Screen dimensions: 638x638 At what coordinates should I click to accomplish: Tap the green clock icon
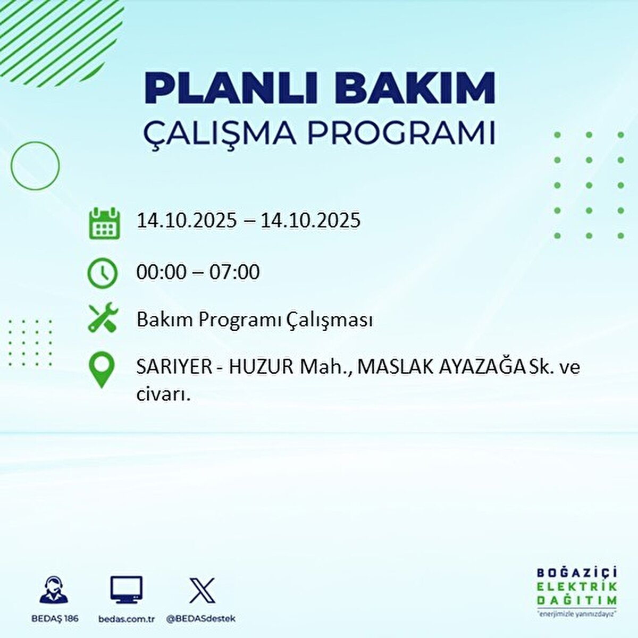(103, 273)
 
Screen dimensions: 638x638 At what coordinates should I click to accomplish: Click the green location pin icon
(102, 370)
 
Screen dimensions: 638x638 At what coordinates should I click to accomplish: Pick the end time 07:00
(234, 272)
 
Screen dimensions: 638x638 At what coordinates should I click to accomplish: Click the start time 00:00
(162, 272)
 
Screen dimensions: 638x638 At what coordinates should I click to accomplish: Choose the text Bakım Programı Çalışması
(254, 320)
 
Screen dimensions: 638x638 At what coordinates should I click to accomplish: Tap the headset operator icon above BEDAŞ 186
(54, 590)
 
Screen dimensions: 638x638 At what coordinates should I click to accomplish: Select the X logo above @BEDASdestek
(203, 590)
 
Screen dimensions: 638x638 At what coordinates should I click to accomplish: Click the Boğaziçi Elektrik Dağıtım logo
(576, 590)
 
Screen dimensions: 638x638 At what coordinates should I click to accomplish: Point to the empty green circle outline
(35, 166)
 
